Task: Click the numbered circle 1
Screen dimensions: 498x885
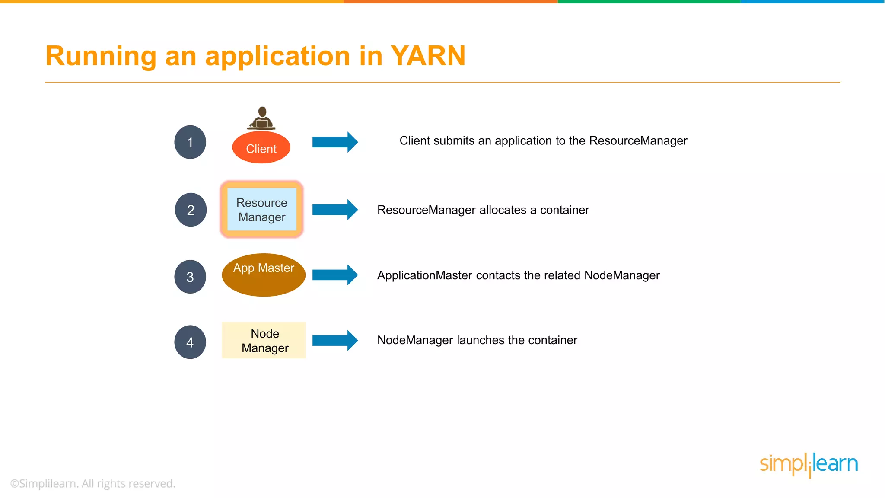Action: (x=190, y=142)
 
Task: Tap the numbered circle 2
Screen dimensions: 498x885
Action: (x=191, y=210)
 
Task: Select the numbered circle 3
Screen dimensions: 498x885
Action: (x=190, y=277)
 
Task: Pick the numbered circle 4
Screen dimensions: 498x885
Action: (x=190, y=342)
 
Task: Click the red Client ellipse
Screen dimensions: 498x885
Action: (x=261, y=148)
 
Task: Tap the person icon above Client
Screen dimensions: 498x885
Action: (x=261, y=118)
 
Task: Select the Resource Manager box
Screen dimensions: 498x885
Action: (x=262, y=210)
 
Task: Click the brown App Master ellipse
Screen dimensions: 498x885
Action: (x=264, y=275)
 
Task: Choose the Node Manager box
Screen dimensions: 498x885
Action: (x=264, y=340)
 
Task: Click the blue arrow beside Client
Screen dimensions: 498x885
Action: (x=335, y=142)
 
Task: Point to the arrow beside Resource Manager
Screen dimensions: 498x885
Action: (x=335, y=210)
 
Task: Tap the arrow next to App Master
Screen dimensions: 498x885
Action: (x=335, y=275)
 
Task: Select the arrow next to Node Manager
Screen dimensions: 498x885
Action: (x=335, y=340)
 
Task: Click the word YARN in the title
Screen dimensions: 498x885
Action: (x=428, y=56)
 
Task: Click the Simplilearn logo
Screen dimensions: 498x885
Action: (x=809, y=465)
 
